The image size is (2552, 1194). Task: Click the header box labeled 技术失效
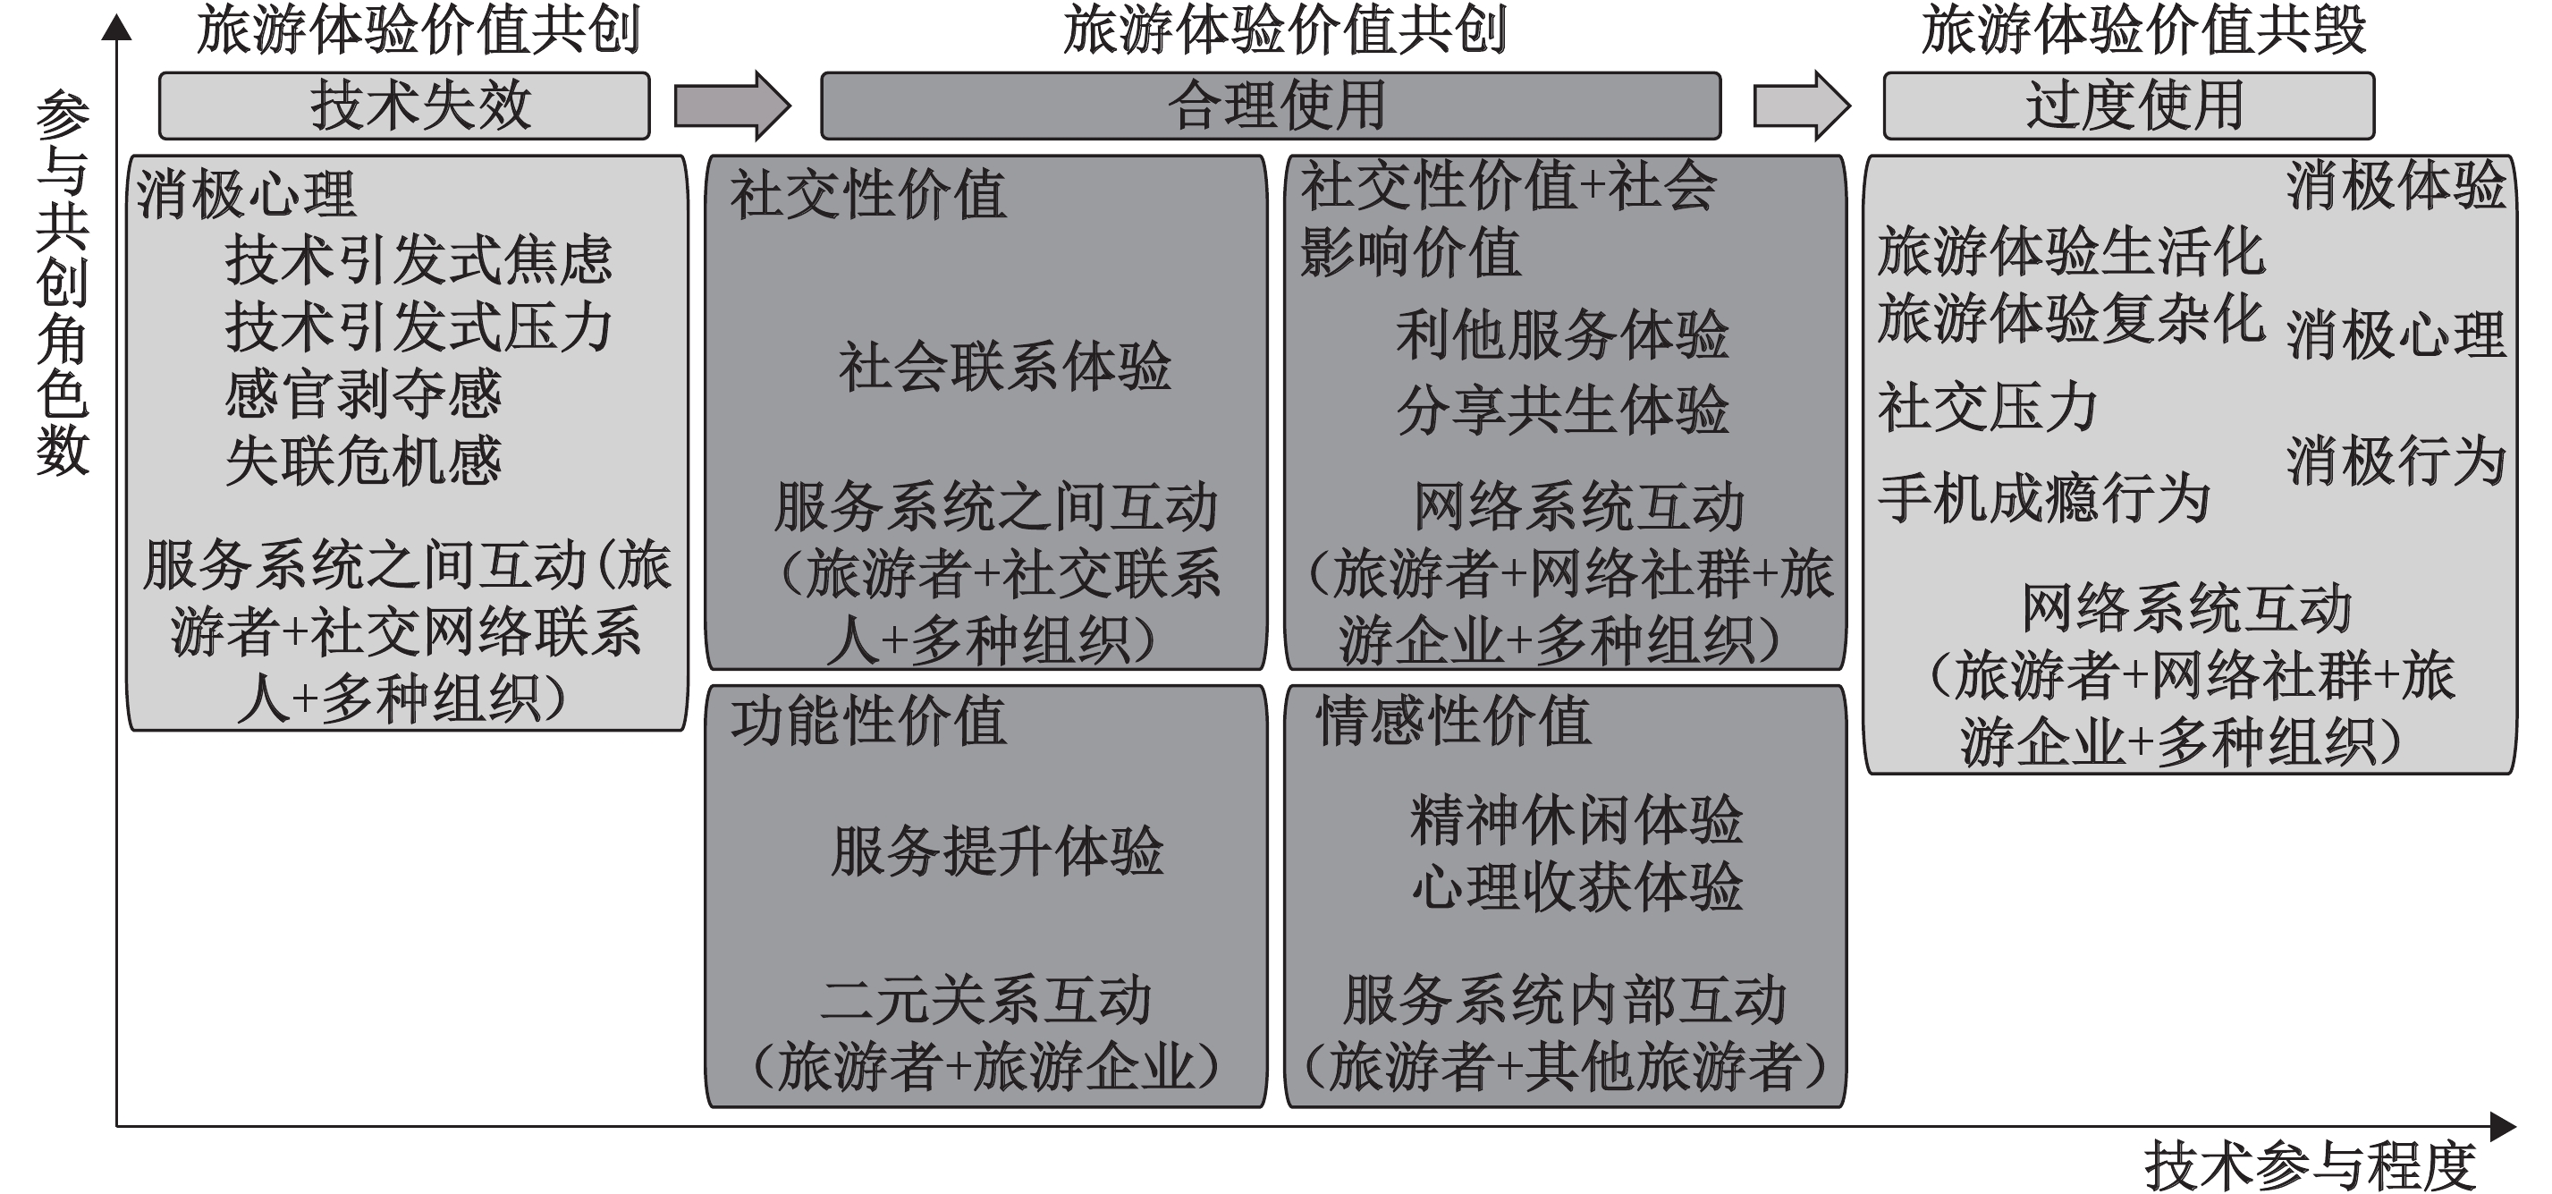(404, 105)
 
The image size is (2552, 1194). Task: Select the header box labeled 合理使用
(1271, 105)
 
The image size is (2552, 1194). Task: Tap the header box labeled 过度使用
(2129, 105)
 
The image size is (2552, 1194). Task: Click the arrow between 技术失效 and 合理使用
(732, 105)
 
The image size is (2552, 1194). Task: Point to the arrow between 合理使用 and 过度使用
(1801, 105)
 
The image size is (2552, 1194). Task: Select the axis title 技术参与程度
(2311, 1165)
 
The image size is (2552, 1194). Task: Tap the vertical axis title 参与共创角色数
(63, 284)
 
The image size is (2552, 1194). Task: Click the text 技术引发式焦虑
(418, 259)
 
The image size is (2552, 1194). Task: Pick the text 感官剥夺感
(362, 394)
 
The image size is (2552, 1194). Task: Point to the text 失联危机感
(362, 462)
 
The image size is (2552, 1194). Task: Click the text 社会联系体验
(1004, 367)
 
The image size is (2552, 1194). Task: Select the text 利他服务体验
(1562, 334)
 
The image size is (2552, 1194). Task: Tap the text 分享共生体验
(1562, 411)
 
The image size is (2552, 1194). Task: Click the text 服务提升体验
(997, 851)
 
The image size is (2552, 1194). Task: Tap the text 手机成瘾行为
(2045, 497)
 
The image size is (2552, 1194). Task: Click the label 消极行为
(2396, 462)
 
